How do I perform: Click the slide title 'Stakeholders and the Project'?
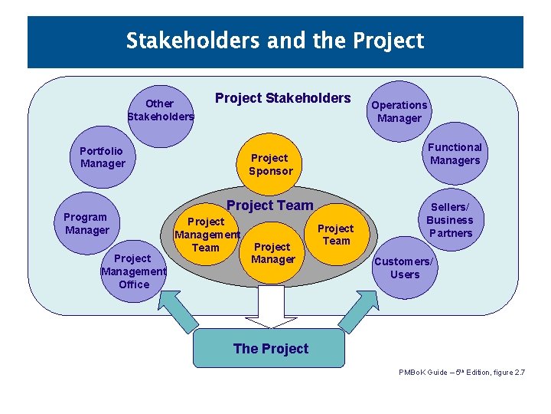[x=275, y=40]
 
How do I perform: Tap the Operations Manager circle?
[x=399, y=112]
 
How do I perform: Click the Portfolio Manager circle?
[x=103, y=157]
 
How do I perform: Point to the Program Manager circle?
[x=86, y=223]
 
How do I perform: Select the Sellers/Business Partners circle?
[x=450, y=220]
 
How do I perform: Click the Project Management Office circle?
[x=134, y=271]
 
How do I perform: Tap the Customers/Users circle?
[x=404, y=268]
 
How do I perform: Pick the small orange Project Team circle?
[x=335, y=235]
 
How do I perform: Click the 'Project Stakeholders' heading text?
[x=282, y=98]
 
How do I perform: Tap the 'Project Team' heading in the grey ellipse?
[x=270, y=205]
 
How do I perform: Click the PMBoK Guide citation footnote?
[x=461, y=373]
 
